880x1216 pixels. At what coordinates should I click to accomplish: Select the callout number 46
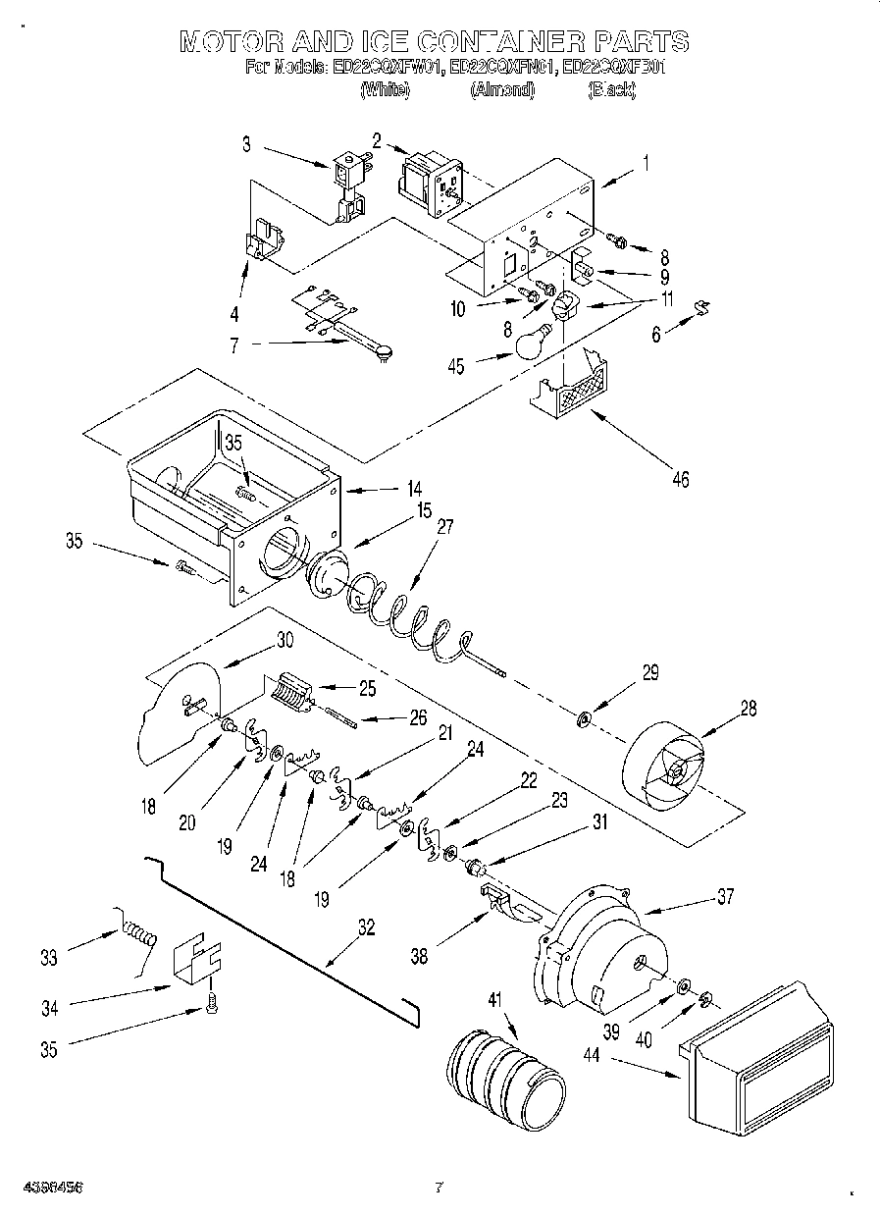coord(680,479)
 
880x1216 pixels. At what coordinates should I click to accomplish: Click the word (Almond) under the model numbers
coord(502,90)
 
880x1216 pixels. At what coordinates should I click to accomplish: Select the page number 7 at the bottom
coord(440,1188)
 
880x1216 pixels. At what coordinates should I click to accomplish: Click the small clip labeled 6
coord(703,308)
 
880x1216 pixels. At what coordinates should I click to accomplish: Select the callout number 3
coord(247,144)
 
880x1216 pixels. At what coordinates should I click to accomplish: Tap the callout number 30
coord(284,638)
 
